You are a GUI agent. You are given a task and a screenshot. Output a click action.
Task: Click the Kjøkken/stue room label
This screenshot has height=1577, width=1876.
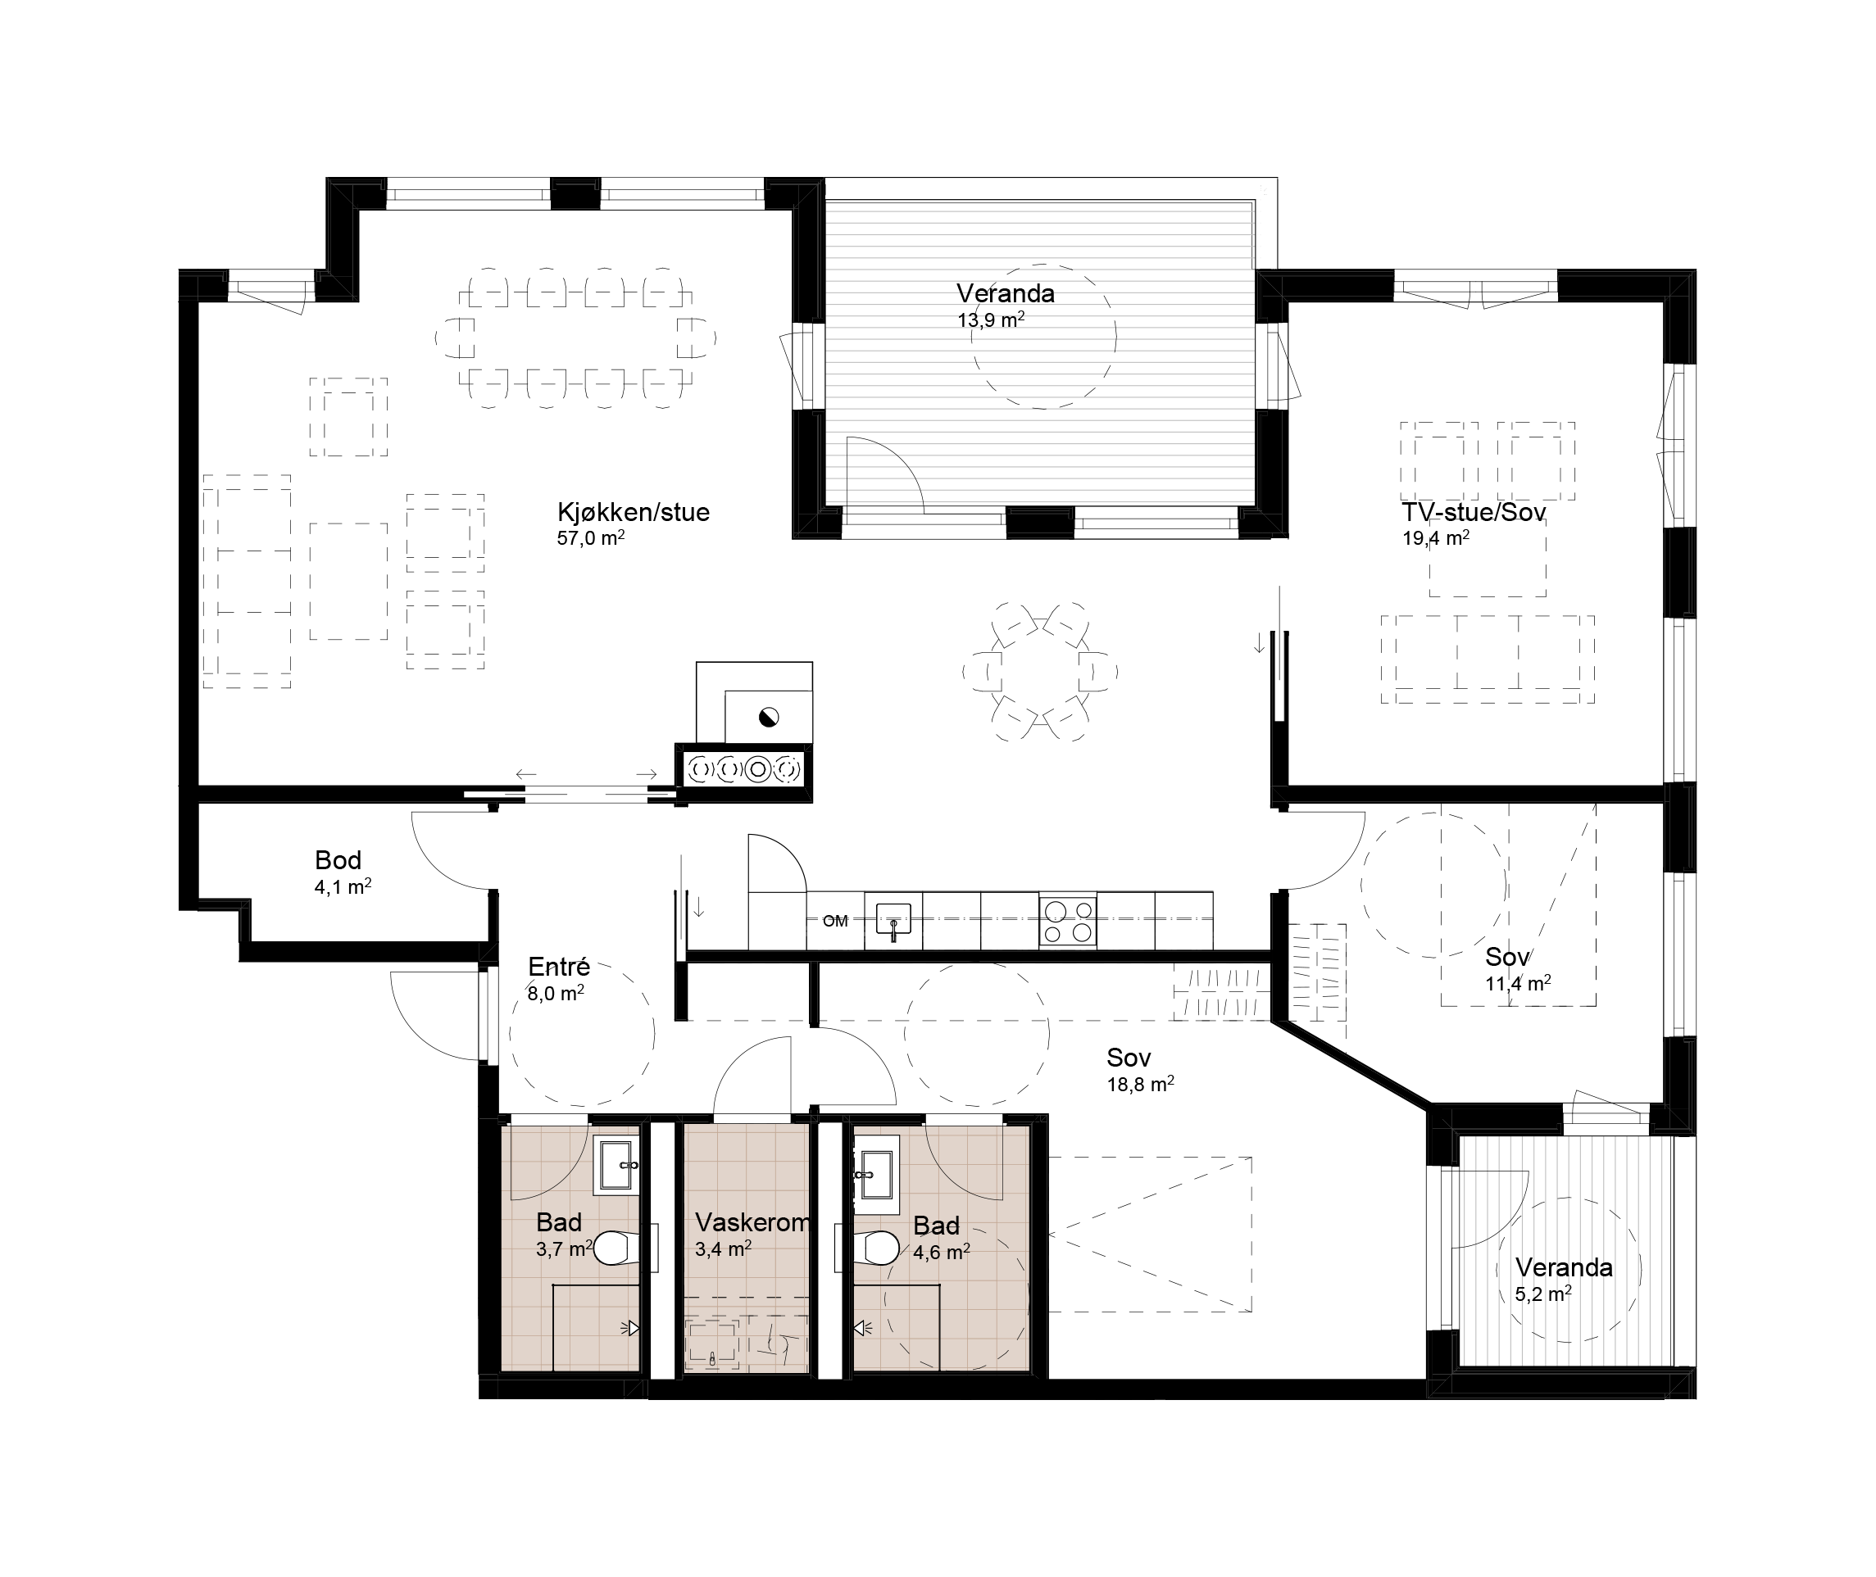(x=633, y=512)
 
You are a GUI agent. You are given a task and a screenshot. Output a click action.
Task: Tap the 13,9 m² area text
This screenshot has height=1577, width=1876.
(x=991, y=319)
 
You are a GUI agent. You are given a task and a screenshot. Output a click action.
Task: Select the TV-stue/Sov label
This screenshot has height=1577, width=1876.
(x=1474, y=512)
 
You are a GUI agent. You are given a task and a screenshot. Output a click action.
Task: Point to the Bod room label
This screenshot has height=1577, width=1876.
(x=338, y=860)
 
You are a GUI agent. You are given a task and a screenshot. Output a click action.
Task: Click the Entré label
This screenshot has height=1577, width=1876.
(x=559, y=967)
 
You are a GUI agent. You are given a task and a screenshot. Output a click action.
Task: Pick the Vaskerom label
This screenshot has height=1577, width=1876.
(x=753, y=1222)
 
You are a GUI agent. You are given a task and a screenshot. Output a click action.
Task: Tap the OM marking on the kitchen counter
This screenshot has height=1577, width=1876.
(x=835, y=921)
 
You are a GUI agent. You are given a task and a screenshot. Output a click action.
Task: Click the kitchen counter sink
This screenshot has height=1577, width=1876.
(x=893, y=921)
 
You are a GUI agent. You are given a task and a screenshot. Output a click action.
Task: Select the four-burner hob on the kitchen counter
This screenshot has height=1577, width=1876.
(x=1068, y=921)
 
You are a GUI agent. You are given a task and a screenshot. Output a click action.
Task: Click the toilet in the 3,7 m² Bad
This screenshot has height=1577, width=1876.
(x=618, y=1248)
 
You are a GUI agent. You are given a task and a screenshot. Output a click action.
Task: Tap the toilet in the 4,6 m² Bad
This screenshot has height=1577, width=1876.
(x=876, y=1248)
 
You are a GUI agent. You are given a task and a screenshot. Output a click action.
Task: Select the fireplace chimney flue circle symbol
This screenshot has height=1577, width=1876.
(x=768, y=717)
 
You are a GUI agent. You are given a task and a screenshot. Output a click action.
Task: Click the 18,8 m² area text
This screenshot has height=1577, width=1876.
(x=1140, y=1085)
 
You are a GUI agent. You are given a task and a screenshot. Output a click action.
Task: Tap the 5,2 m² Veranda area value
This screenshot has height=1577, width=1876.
(x=1543, y=1294)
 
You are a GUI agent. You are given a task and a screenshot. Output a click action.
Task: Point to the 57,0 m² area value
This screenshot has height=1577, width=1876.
(x=590, y=538)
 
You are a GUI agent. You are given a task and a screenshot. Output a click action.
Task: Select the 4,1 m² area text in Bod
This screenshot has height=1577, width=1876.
(x=343, y=887)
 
